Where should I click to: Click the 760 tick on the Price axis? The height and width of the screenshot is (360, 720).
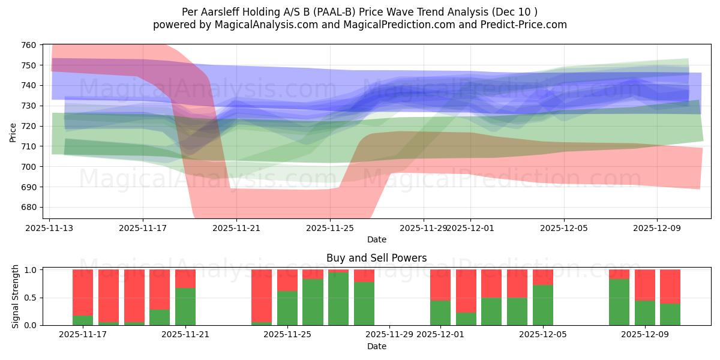pos(29,45)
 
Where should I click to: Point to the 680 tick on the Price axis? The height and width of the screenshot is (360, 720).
pos(29,207)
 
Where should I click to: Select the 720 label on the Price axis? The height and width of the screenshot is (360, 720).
pos(29,126)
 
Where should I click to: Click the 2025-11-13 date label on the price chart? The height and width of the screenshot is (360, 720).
pos(50,228)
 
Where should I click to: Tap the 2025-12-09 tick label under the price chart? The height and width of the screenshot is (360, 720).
pos(657,228)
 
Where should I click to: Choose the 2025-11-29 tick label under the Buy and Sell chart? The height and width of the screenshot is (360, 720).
pos(389,334)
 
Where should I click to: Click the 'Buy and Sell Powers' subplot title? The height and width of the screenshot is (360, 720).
pos(376,258)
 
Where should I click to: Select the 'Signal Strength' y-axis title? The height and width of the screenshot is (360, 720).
pos(16,297)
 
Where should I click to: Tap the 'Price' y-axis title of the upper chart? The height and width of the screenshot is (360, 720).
pos(13,132)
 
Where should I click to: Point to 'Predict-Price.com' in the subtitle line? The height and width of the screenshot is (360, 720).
pos(527,25)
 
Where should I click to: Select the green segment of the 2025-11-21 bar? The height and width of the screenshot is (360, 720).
pos(185,306)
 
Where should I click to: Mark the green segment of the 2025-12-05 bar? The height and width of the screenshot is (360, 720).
pos(543,305)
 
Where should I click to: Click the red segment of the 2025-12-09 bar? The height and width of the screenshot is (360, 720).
pos(645,284)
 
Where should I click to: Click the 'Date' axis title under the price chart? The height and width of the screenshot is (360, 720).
pos(376,239)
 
